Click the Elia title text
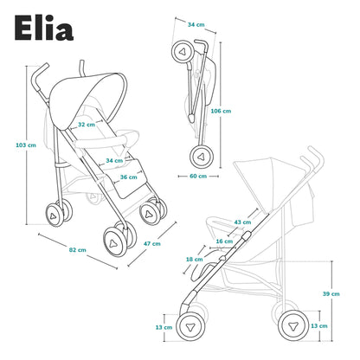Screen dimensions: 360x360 44,28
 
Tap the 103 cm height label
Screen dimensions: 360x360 26,145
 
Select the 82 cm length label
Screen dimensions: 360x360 78,250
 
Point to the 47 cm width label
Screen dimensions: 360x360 152,244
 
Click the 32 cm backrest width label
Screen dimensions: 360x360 87,125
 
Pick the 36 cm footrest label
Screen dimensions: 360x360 129,177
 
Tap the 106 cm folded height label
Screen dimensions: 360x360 221,111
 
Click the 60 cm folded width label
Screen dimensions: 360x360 198,176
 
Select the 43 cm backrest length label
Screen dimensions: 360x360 242,222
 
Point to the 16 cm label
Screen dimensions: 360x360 224,241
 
